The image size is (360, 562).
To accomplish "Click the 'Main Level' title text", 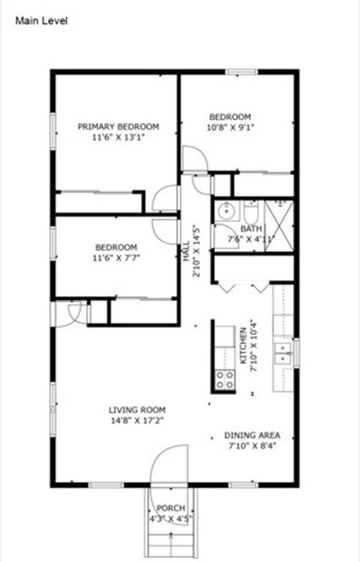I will coord(42,21).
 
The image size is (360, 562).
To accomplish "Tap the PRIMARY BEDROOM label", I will coord(118,126).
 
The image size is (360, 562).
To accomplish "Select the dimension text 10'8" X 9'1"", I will coord(230,127).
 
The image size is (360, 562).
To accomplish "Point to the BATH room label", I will coord(251,229).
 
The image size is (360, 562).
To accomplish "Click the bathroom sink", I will coord(226,211).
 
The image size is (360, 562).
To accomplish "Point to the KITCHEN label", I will coord(242,345).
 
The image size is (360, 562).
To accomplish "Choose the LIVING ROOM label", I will coord(137,410).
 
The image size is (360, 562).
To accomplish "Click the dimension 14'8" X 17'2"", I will coord(137,421).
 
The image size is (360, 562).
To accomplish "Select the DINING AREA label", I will coord(252,434).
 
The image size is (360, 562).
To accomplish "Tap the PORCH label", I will coord(170,508).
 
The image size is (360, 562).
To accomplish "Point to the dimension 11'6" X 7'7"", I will coord(115,258).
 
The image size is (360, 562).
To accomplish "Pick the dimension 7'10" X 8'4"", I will coord(252,445).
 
